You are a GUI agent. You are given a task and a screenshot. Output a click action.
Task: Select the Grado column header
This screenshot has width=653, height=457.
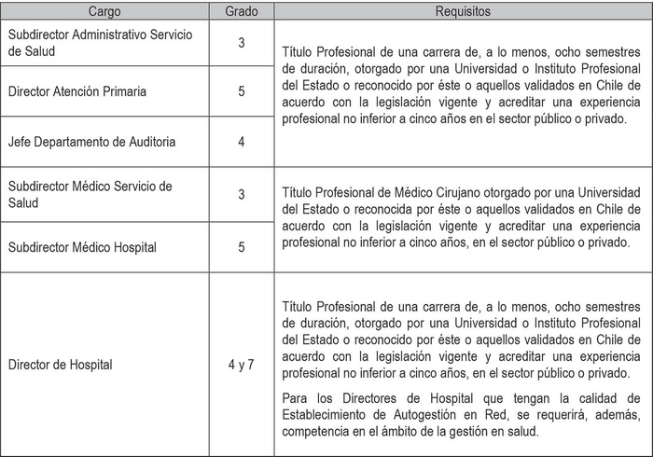tap(242, 12)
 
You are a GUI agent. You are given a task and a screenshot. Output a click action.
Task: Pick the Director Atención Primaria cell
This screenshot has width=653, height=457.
tap(76, 92)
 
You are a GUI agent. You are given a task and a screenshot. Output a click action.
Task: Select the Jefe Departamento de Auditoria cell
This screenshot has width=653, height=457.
tap(91, 142)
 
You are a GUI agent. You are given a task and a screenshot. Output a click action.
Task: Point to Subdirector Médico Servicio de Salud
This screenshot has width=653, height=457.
tap(90, 194)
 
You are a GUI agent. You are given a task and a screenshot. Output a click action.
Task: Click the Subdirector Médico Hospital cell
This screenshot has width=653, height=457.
tap(82, 247)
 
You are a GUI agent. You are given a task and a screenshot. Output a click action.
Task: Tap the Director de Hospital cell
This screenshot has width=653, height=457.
tap(60, 365)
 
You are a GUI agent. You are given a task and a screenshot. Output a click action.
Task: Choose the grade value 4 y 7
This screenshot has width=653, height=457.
tap(242, 365)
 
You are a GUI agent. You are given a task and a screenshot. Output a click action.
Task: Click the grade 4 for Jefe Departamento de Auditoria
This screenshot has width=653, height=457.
tap(242, 142)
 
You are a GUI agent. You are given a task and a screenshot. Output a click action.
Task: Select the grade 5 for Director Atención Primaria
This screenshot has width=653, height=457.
tap(242, 92)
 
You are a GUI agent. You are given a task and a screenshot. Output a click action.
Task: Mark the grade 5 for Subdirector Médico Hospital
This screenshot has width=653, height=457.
tap(242, 247)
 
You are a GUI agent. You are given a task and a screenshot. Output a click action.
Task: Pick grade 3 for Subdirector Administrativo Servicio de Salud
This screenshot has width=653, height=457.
tap(242, 43)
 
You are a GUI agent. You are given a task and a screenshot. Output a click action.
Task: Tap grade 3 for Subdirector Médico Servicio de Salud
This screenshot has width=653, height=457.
tap(242, 194)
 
